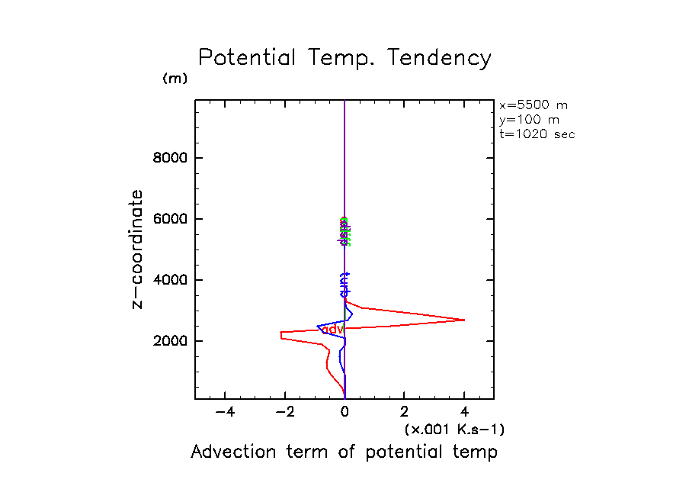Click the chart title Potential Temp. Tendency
(344, 58)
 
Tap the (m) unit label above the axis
(175, 79)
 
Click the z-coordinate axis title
(137, 249)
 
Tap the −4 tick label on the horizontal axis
(224, 413)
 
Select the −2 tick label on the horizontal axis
(284, 413)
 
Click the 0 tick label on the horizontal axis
(345, 413)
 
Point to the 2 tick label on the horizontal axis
(405, 413)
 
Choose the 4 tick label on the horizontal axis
(464, 413)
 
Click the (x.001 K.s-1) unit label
(454, 430)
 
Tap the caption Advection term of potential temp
(344, 452)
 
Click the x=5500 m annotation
(534, 105)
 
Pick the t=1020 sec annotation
(537, 134)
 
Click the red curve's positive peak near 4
(463, 320)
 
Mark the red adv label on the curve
(335, 328)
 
